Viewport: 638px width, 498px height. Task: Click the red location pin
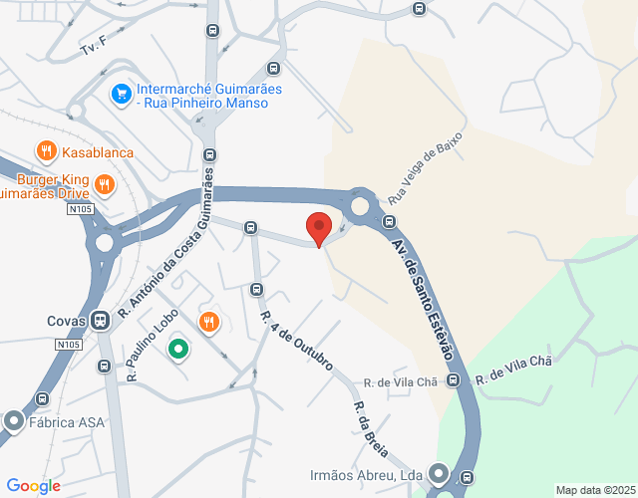point(319,228)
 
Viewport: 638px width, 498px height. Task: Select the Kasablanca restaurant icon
point(46,151)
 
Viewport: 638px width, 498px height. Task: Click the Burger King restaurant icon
point(105,184)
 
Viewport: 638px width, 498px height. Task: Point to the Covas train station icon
point(100,321)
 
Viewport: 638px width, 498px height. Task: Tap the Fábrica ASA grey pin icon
point(13,421)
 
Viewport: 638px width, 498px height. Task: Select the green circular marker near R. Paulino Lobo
point(178,349)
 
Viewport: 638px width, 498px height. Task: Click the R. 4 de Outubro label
point(296,344)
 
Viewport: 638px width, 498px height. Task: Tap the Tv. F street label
point(93,46)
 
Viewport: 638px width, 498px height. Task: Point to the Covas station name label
point(66,321)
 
